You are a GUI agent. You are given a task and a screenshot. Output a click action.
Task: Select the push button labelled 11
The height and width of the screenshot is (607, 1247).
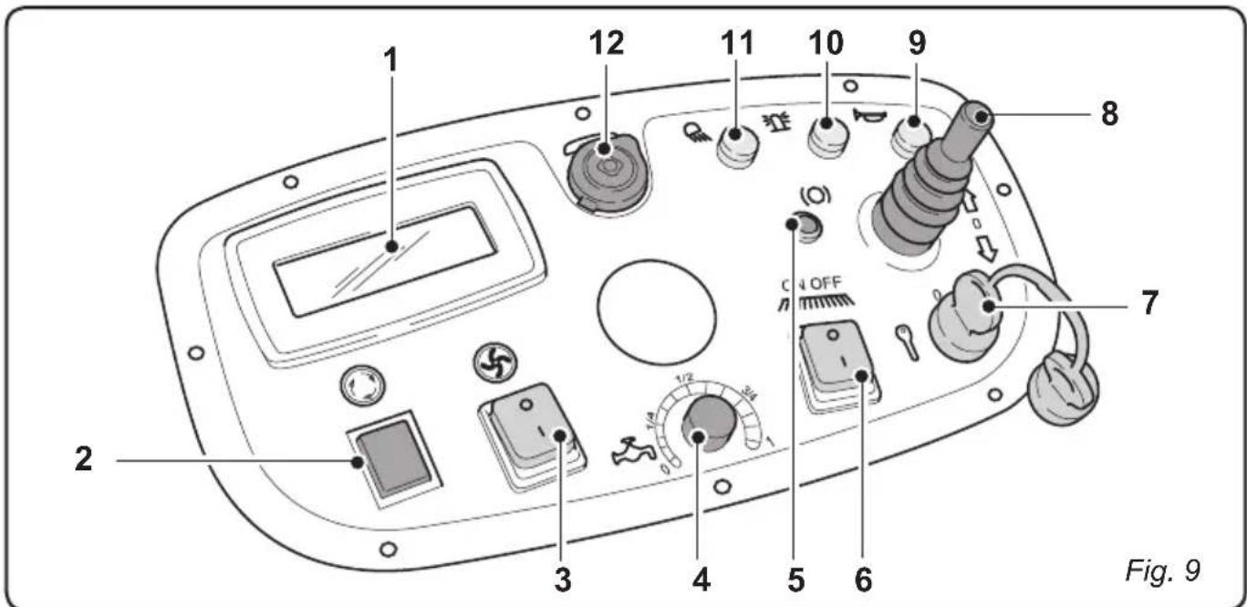point(737,147)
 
